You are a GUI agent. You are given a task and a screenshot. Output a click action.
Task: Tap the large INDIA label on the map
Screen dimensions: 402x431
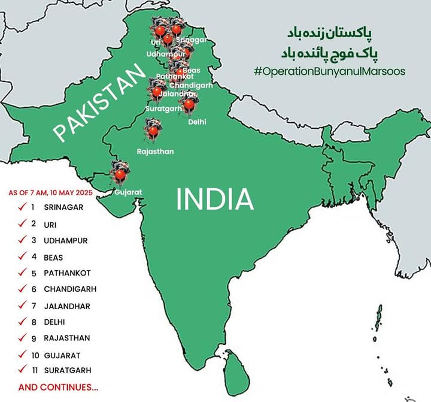(215, 200)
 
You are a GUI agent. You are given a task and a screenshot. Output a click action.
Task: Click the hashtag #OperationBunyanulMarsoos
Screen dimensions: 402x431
(330, 71)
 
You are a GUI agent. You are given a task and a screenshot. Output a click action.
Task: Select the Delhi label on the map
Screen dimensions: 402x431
(197, 122)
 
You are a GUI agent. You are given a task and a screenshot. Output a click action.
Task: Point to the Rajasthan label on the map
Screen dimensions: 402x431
(155, 152)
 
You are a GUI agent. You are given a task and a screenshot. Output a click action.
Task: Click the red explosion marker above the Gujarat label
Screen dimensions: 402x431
(120, 174)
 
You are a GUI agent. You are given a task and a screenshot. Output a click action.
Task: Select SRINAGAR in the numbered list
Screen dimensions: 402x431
(63, 207)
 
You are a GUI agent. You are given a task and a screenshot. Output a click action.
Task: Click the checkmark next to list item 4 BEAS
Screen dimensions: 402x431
(22, 256)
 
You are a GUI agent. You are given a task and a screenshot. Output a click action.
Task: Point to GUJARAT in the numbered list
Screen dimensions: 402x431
(62, 355)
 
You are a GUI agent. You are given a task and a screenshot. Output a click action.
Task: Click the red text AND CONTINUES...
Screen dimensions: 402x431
(58, 387)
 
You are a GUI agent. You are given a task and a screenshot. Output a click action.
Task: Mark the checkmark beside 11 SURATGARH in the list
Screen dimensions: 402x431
(22, 370)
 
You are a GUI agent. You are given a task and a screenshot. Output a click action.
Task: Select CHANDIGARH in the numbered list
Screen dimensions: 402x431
(69, 289)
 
